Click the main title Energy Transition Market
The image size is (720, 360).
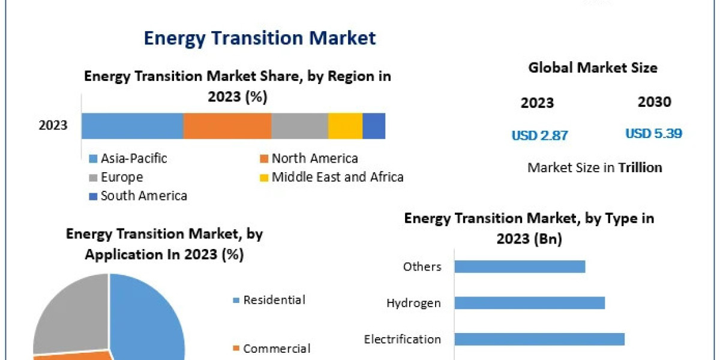pos(260,38)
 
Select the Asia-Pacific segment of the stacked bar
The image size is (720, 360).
pos(132,126)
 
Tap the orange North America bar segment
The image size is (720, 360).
pos(227,126)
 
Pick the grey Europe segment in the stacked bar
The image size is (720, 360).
pos(299,126)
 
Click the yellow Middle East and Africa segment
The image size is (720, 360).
pos(345,126)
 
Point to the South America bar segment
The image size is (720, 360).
pos(374,126)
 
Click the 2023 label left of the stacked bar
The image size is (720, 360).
pos(53,126)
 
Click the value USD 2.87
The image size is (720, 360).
pos(539,136)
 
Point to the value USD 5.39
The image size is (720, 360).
pos(653,134)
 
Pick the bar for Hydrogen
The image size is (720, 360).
pos(529,302)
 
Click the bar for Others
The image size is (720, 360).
pos(520,266)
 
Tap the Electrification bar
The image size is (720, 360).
pos(539,339)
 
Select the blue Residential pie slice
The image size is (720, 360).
pos(150,318)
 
